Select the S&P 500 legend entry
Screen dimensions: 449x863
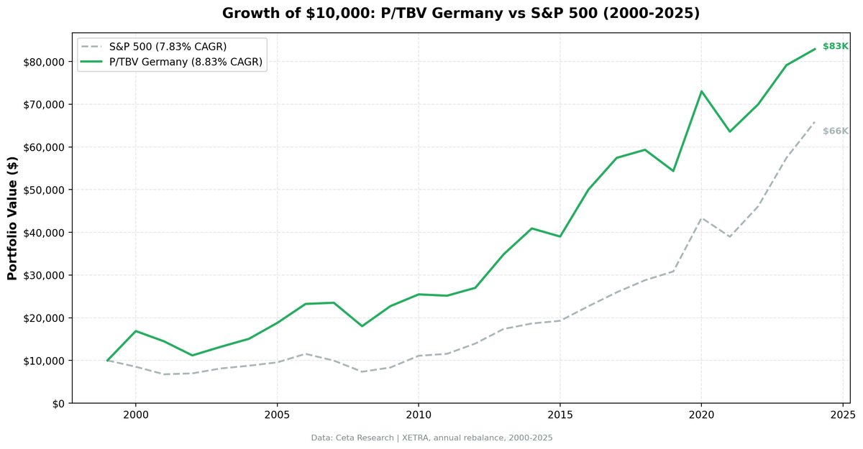168,47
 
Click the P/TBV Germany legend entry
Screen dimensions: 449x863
186,63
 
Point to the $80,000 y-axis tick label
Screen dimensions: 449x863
44,62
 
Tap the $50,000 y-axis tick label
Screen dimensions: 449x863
44,190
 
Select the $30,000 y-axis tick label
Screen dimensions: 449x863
44,275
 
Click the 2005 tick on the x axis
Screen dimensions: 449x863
277,415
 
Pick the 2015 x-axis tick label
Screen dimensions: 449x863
560,415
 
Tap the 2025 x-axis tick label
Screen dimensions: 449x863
842,415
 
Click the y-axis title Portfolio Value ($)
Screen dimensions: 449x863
12,218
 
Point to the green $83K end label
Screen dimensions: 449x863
835,47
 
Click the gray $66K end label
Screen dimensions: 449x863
835,131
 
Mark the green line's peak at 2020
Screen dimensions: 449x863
701,91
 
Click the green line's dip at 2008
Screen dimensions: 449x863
362,326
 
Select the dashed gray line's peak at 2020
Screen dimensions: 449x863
701,218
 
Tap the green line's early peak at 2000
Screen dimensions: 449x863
136,331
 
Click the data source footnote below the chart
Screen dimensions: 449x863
431,438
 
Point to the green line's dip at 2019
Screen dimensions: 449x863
673,171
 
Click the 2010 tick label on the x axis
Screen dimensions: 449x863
418,415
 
